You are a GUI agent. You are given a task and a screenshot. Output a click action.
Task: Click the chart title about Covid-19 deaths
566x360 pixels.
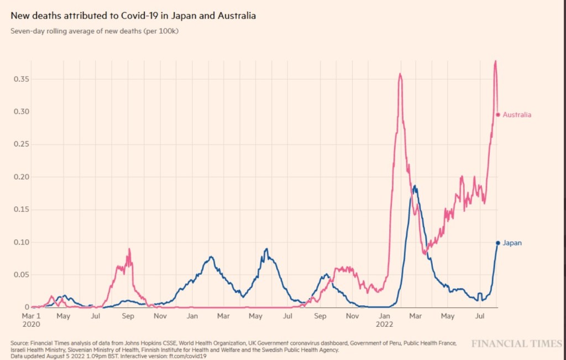pos(133,16)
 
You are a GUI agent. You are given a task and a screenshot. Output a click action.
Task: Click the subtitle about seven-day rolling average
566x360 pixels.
pos(95,31)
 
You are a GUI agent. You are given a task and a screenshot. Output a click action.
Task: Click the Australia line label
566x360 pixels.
pos(517,115)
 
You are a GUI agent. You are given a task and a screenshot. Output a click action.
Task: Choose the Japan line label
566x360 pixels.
pos(512,243)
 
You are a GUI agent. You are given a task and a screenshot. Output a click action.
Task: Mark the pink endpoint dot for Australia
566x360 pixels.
pos(498,115)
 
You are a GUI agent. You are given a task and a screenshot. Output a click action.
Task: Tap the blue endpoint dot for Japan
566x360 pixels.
pos(498,243)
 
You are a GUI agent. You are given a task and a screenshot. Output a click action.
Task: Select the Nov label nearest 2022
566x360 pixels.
pos(352,316)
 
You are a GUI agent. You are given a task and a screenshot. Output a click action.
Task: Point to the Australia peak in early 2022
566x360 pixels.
pos(400,74)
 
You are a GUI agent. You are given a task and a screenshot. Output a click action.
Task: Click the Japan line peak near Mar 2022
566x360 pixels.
pos(415,186)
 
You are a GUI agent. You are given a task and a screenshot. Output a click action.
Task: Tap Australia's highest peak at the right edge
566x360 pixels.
pos(495,61)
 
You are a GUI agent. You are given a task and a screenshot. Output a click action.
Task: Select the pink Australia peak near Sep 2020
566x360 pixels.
pos(129,249)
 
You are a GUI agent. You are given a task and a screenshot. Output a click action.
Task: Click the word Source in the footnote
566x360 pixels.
pos(20,343)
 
